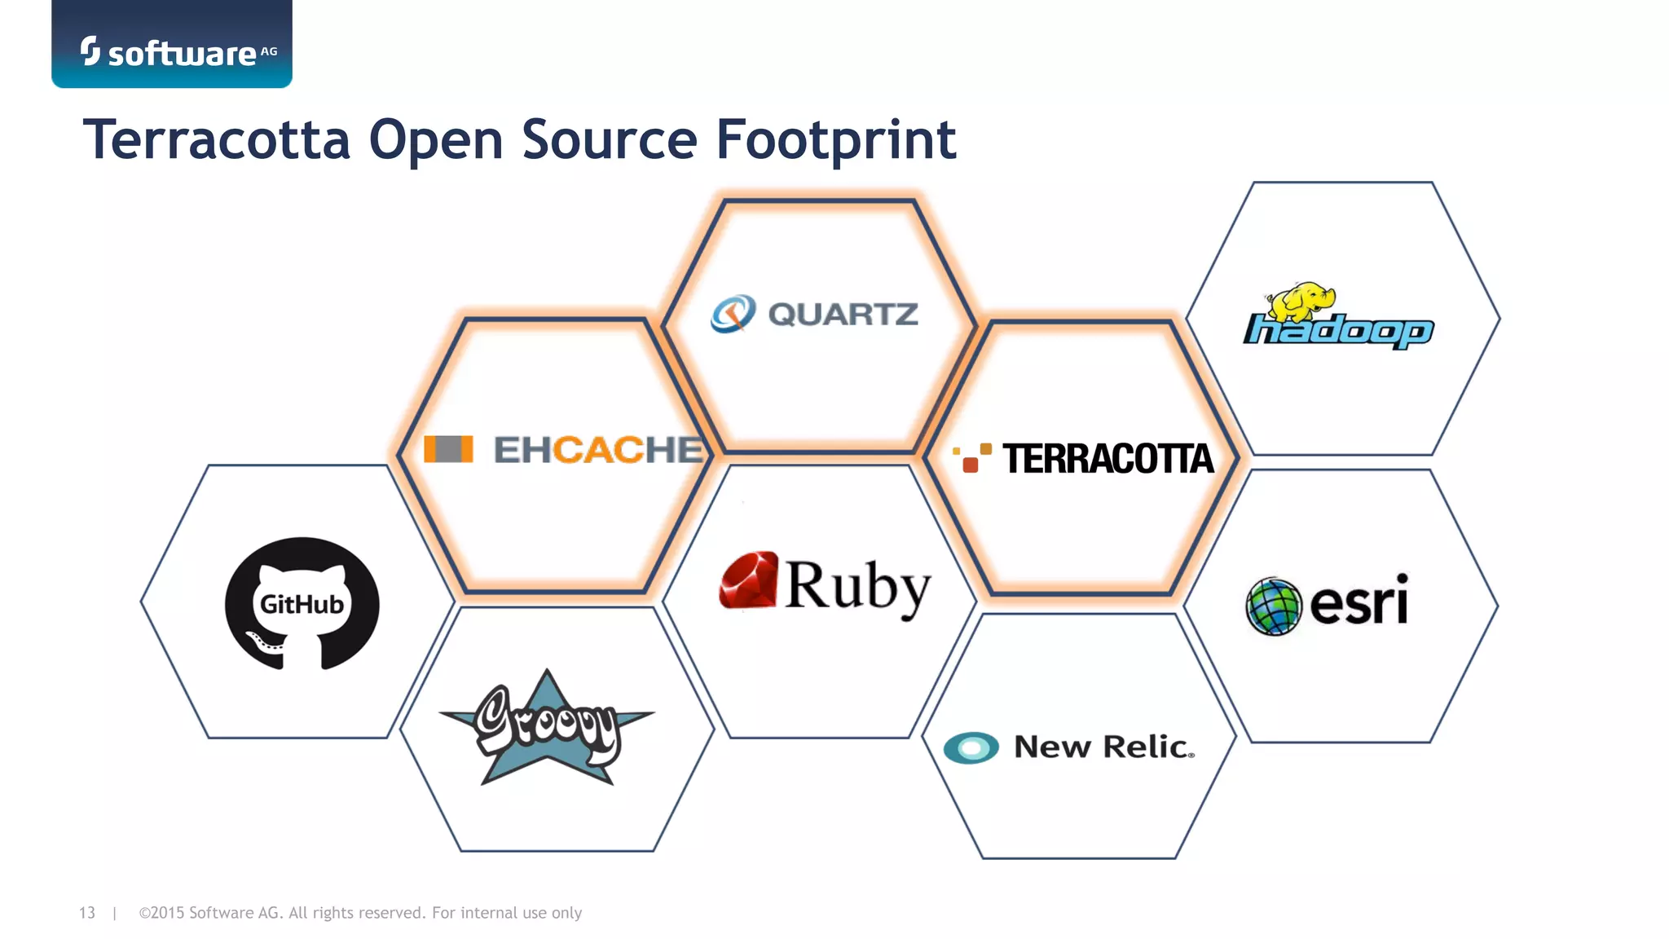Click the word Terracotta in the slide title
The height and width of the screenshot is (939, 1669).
[x=217, y=139]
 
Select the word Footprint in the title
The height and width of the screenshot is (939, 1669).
[x=835, y=139]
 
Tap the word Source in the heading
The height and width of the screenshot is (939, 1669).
[x=610, y=139]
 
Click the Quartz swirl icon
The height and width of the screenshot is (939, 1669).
[x=733, y=314]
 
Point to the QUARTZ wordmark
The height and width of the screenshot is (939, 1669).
[x=843, y=315]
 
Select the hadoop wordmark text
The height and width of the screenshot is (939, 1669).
[x=1338, y=332]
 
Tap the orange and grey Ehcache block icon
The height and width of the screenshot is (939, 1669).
[x=448, y=449]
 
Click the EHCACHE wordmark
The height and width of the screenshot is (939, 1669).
[x=598, y=450]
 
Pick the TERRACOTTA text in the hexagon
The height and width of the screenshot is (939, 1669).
[x=1108, y=459]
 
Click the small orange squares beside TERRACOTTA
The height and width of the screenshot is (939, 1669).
[x=972, y=458]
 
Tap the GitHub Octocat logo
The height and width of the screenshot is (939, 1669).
[x=302, y=603]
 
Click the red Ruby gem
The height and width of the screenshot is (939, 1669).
[x=748, y=581]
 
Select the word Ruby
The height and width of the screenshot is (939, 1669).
[x=857, y=586]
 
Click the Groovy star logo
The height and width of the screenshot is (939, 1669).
[x=547, y=727]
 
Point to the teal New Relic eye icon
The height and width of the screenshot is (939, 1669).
[x=971, y=747]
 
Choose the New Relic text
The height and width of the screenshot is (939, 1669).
[x=1104, y=747]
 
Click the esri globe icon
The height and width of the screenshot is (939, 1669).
[x=1274, y=606]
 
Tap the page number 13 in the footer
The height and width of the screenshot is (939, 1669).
[x=87, y=913]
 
